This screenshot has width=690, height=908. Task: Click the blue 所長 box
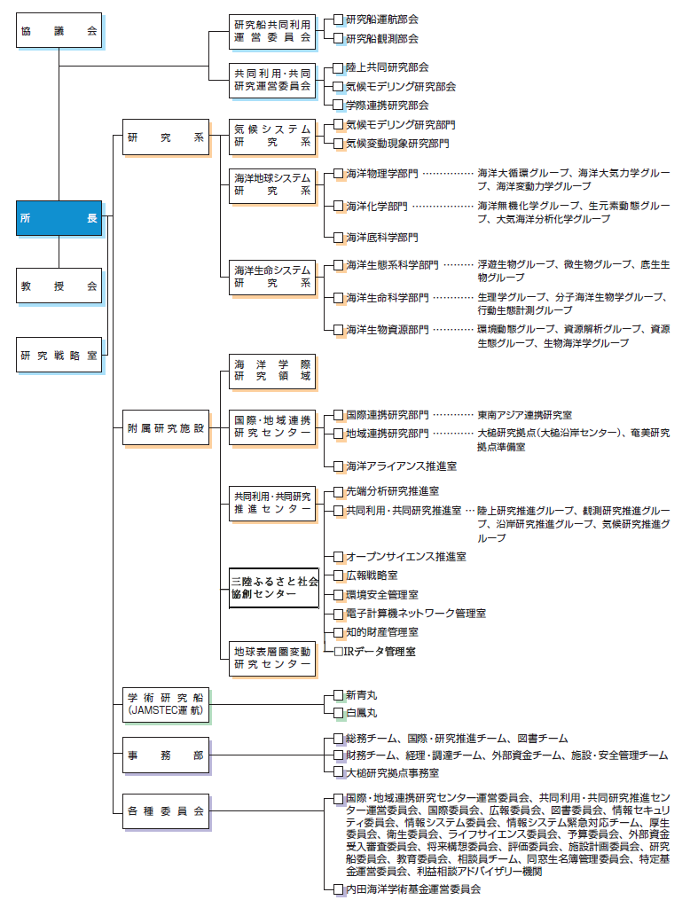[59, 217]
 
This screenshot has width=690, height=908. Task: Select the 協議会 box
[59, 29]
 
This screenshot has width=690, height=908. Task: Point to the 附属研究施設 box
[166, 428]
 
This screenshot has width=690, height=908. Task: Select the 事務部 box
[166, 755]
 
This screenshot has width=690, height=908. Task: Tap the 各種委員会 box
[166, 810]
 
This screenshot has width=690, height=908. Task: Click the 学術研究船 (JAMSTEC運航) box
[166, 704]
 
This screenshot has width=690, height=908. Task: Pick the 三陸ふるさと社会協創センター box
[274, 587]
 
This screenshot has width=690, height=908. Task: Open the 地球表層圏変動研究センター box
[272, 657]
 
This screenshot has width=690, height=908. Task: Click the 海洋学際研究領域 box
[272, 370]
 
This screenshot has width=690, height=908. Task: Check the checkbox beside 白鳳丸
[338, 712]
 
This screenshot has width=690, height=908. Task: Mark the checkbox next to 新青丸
[338, 694]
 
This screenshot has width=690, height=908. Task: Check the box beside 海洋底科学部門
[338, 237]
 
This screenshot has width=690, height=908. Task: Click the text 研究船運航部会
[381, 19]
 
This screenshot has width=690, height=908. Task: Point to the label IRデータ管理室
[379, 652]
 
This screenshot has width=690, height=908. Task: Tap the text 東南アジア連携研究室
[524, 414]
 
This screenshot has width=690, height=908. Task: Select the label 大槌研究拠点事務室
[391, 772]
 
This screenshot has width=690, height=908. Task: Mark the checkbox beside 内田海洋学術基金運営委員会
[338, 888]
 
